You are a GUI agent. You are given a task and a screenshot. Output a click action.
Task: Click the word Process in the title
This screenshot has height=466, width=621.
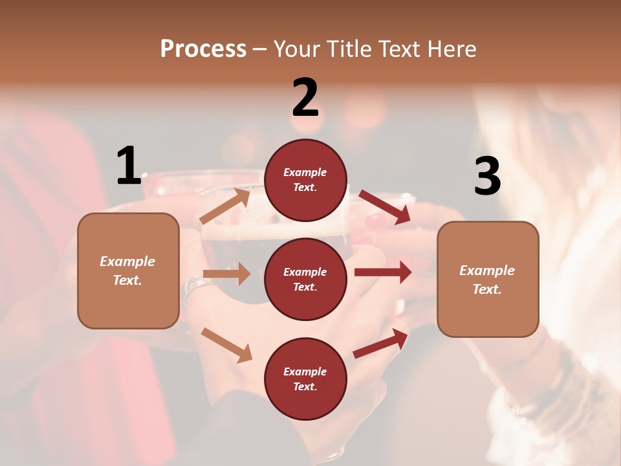[203, 49]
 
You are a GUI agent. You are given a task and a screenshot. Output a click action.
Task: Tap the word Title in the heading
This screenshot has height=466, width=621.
[348, 49]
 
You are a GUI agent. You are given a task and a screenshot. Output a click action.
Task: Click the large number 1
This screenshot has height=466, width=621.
[129, 166]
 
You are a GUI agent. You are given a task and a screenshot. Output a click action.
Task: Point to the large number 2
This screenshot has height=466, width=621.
[305, 98]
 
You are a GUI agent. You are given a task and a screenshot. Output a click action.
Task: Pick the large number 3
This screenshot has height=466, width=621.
[487, 176]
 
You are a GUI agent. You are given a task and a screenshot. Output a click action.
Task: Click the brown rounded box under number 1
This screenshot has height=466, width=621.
[128, 271]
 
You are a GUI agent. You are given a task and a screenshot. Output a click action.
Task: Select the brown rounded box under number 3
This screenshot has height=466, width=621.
[488, 279]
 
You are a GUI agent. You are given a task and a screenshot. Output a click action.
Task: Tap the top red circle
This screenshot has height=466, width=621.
[305, 180]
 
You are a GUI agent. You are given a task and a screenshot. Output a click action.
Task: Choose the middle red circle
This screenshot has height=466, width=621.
[305, 279]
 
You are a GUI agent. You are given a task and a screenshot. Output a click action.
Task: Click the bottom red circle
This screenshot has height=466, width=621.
[305, 379]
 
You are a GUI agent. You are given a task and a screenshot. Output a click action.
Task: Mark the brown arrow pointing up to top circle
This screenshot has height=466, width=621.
[225, 206]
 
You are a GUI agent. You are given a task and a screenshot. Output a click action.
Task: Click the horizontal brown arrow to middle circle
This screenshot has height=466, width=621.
[226, 274]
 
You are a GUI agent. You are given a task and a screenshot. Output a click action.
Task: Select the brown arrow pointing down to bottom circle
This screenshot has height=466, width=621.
[226, 345]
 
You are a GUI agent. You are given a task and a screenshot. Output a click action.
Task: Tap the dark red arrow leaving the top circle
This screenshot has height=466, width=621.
[385, 206]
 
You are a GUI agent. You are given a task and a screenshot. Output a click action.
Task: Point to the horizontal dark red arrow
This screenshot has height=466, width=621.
[383, 272]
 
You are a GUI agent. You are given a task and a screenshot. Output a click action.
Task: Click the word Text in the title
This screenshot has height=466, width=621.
[400, 49]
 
